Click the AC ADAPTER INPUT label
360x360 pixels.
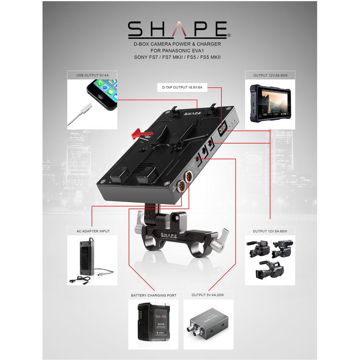pos(93,231)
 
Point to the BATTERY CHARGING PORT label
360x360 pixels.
pos(154,295)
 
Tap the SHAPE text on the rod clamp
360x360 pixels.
pos(168,235)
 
